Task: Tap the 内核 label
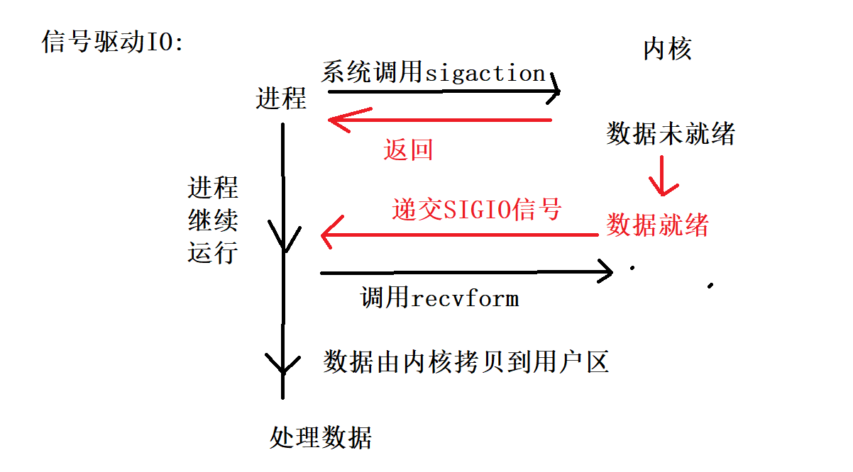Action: coord(666,49)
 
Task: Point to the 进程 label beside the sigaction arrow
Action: coord(281,98)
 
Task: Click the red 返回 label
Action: coord(408,150)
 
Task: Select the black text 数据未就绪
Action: coord(670,133)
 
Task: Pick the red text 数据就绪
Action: coord(657,225)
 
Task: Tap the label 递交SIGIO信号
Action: coord(477,210)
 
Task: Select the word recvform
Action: coord(465,298)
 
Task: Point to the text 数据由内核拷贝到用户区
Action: coord(466,362)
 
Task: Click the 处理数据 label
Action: coord(321,437)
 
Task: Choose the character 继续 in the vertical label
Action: coord(213,220)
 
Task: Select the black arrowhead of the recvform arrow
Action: coord(607,271)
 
